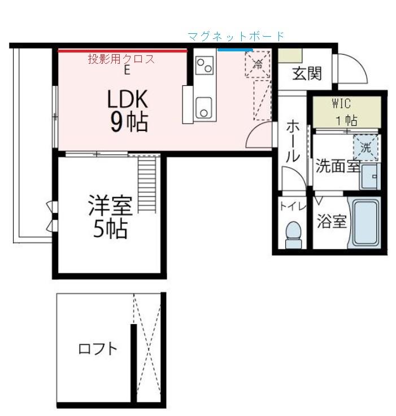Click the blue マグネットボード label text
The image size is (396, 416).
pos(236,37)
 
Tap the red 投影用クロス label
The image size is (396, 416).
pos(121,59)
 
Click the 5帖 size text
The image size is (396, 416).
pos(110,229)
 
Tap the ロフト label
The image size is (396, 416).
pos(98,348)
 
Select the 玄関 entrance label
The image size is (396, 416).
pos(307,73)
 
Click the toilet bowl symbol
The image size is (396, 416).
pos(293,234)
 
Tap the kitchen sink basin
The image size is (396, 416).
pos(203,107)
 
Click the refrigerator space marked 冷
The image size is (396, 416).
pos(258,64)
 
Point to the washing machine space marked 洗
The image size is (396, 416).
pos(365,148)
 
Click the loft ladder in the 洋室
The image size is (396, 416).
pos(146,183)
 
